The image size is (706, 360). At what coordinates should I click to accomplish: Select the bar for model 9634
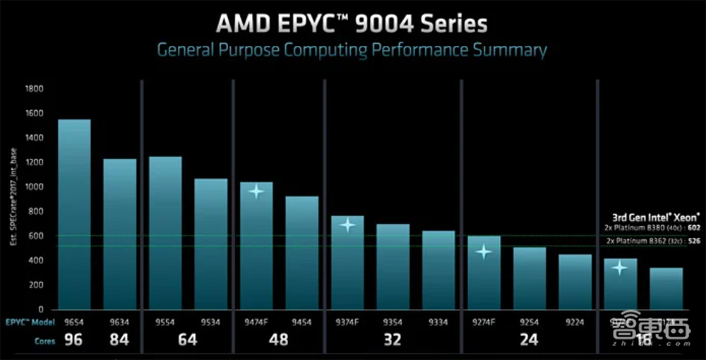[120, 234]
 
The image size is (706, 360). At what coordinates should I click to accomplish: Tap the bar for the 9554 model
[165, 232]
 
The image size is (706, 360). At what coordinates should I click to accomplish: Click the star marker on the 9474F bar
[256, 191]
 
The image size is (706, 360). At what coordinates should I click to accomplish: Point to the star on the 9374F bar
[347, 225]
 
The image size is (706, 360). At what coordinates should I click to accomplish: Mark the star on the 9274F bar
[484, 251]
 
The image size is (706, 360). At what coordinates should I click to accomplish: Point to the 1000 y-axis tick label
[34, 187]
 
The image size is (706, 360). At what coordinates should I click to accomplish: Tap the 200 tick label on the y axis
[37, 285]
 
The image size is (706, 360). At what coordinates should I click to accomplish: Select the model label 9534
[210, 322]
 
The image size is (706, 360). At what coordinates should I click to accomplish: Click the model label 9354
[393, 322]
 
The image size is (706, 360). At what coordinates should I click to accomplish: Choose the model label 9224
[575, 322]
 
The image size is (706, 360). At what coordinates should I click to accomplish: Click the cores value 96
[74, 340]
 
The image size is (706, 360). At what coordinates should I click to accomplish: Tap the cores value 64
[188, 340]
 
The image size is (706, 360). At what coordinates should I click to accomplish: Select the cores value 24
[529, 340]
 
